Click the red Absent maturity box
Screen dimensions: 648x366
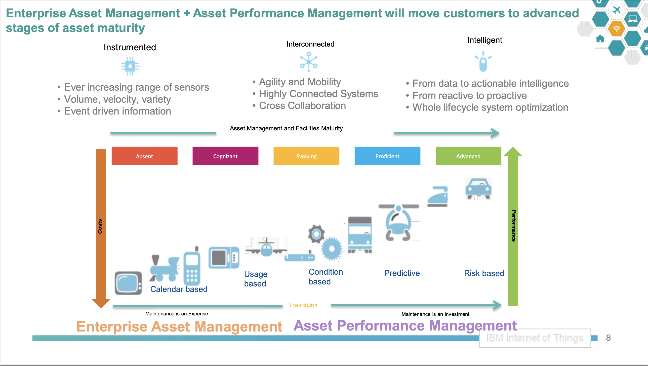coord(144,156)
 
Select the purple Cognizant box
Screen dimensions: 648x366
coord(225,156)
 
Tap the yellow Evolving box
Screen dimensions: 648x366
coord(306,156)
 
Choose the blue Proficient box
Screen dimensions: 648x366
coord(387,156)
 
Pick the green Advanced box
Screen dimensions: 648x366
coord(468,156)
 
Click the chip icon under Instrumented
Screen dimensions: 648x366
coord(130,66)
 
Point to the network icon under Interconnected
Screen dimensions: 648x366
coord(309,61)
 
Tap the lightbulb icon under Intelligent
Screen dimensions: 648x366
coord(483,61)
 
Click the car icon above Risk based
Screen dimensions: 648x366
coord(478,189)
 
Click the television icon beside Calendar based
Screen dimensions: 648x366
coord(128,283)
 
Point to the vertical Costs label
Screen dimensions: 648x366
coord(100,226)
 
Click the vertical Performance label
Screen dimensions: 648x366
coord(514,226)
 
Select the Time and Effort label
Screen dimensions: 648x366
coord(303,305)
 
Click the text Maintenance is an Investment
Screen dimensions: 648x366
coord(435,314)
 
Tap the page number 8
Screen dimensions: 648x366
coord(608,338)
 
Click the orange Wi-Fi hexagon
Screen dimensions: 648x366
coord(616,29)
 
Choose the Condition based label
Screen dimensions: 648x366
coord(326,277)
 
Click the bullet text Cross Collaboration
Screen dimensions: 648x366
coord(302,106)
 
